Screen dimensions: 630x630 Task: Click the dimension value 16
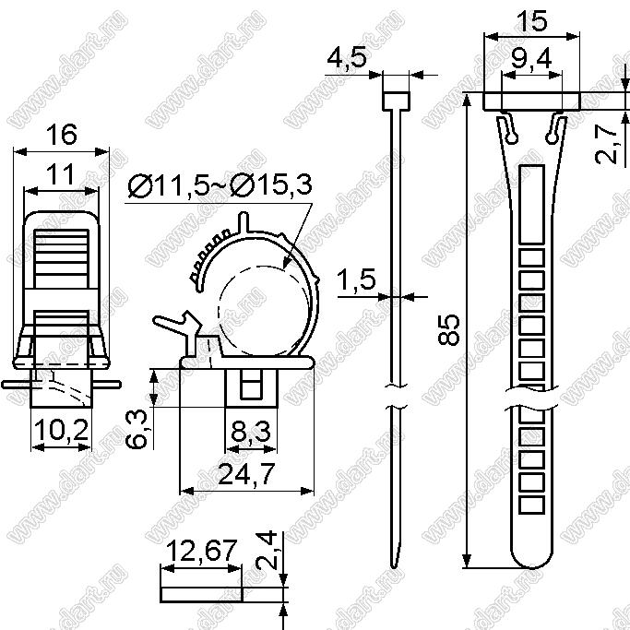(x=61, y=135)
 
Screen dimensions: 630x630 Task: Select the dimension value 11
(x=60, y=174)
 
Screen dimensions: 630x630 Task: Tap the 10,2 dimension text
(x=61, y=430)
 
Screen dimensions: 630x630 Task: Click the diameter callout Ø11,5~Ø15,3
(x=220, y=185)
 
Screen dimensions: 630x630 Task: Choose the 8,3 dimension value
(x=251, y=432)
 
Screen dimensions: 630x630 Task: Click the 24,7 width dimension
(x=246, y=474)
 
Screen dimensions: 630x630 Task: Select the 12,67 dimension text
(x=201, y=551)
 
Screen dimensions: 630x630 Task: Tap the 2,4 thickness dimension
(x=267, y=550)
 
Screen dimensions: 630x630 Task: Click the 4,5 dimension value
(x=347, y=58)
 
